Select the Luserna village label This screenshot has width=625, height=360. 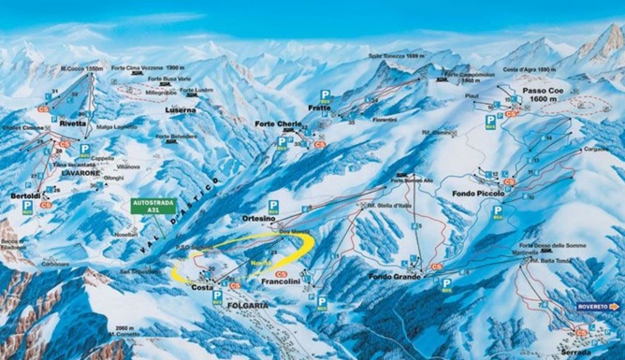pyautogui.click(x=181, y=109)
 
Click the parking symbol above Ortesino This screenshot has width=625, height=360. pyautogui.click(x=273, y=203)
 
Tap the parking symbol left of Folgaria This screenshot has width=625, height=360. pyautogui.click(x=217, y=294)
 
